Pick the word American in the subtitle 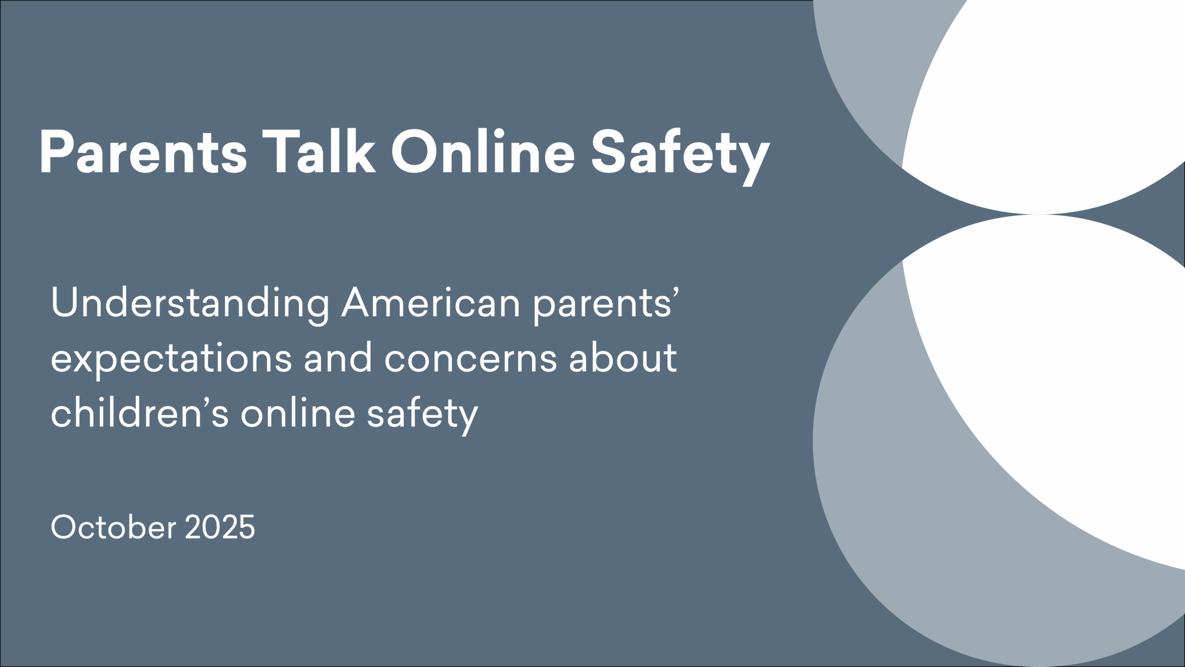click(430, 303)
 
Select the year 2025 click(220, 527)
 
